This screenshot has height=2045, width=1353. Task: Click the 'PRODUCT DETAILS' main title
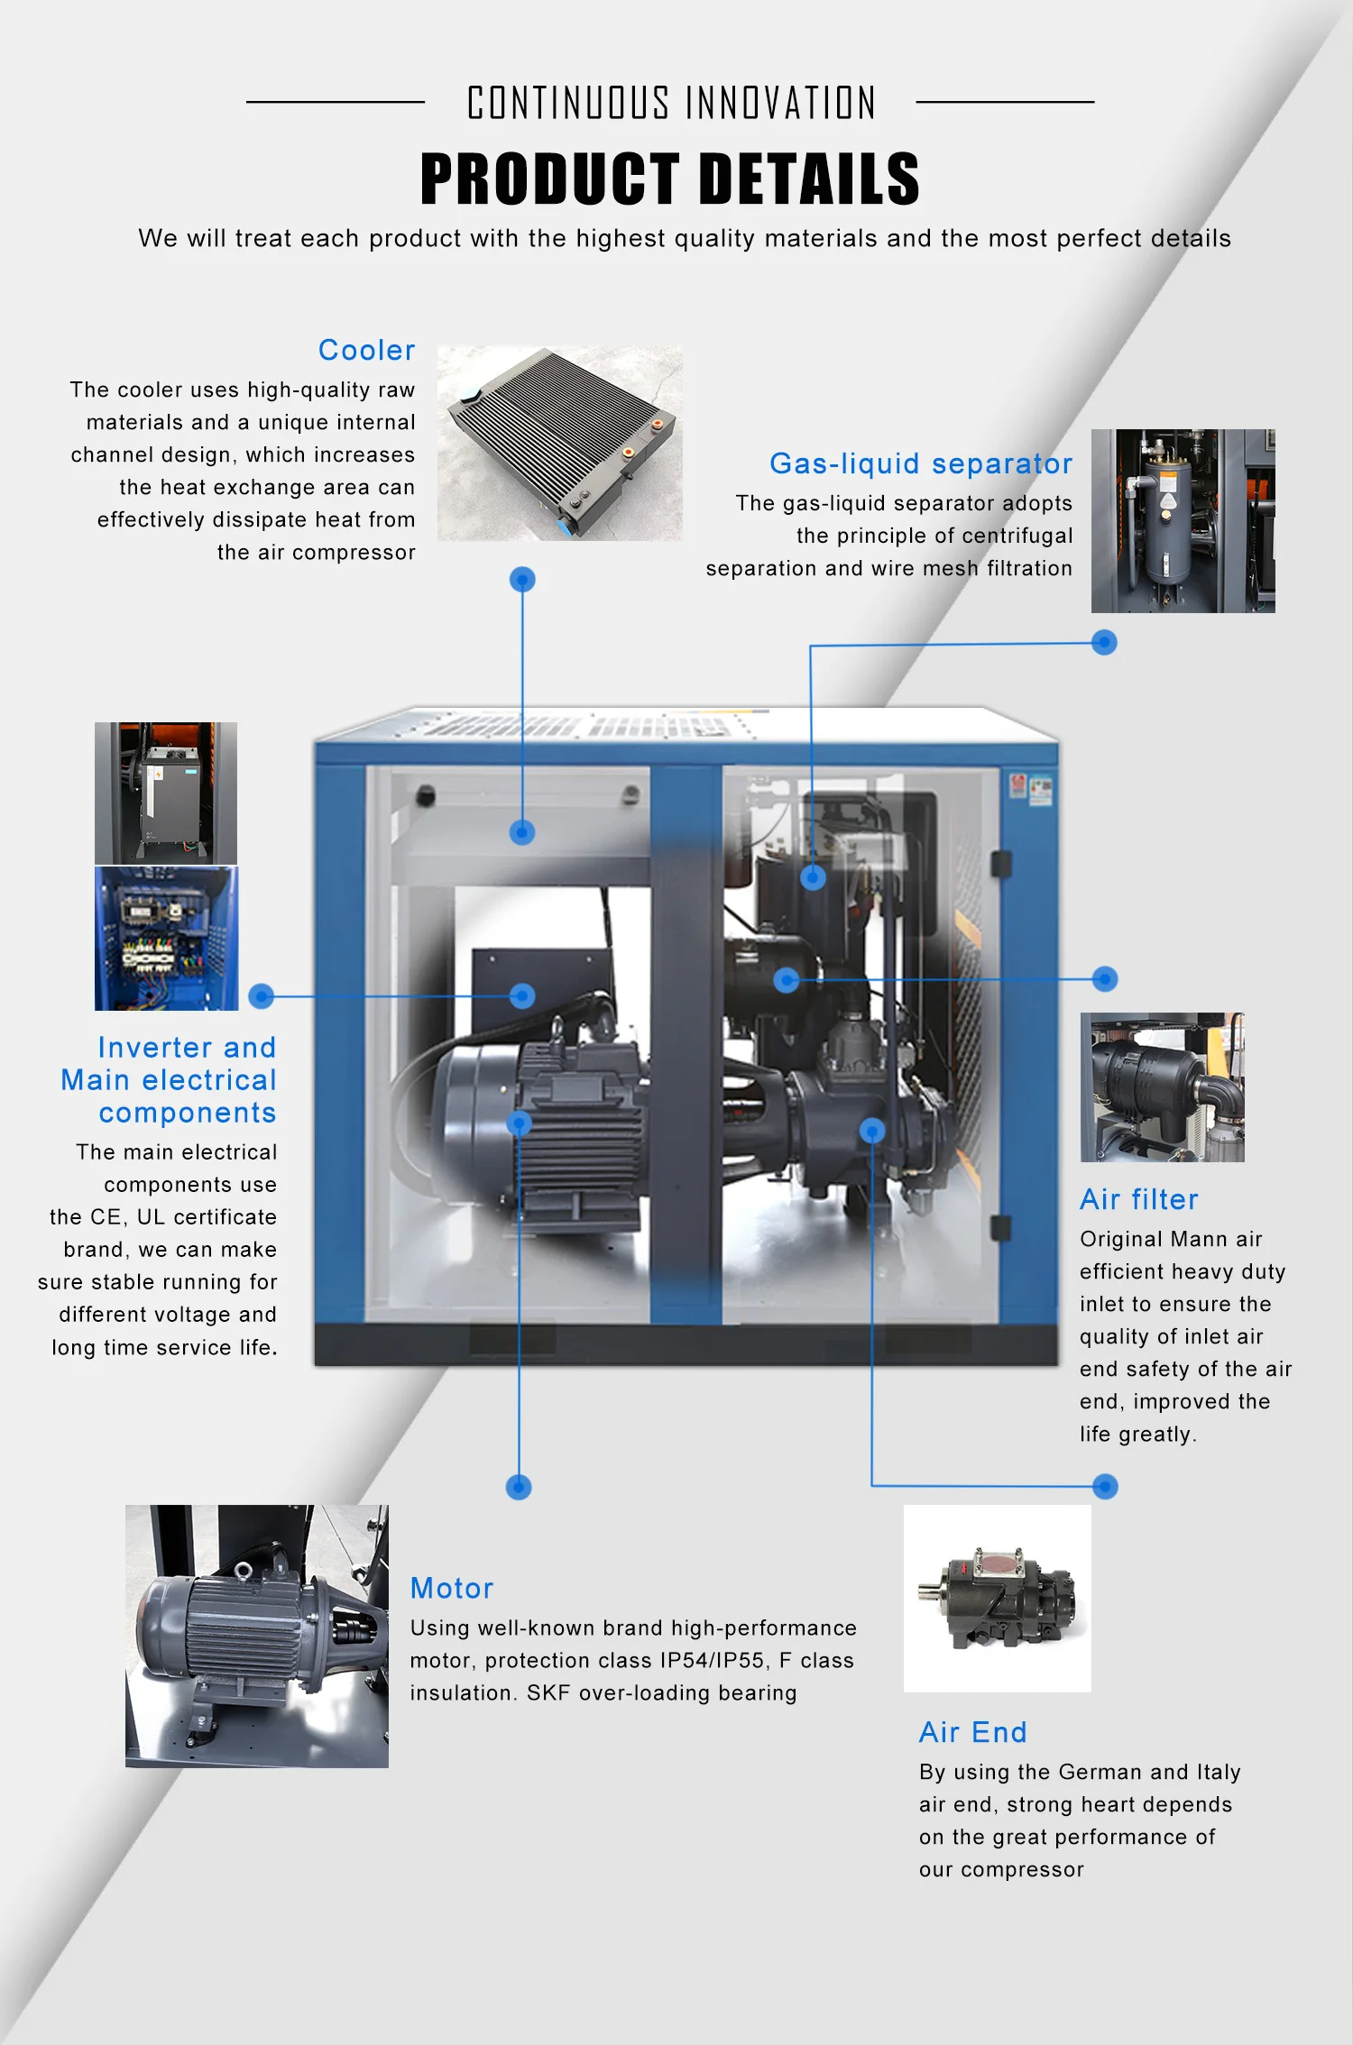[669, 179]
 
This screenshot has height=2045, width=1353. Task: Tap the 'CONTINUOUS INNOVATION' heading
[671, 103]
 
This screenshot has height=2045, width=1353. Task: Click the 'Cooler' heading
[366, 350]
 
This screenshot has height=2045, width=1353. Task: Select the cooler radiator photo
[559, 443]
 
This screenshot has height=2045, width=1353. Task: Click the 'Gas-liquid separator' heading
[920, 463]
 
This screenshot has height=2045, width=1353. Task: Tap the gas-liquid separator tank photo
[1183, 520]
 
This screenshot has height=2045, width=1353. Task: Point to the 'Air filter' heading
[1138, 1199]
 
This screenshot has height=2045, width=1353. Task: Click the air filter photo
[1162, 1087]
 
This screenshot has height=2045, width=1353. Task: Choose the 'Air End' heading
[972, 1732]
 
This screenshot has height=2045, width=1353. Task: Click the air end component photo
[997, 1598]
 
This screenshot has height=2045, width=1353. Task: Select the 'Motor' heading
[451, 1588]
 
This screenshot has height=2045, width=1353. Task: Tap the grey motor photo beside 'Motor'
[256, 1636]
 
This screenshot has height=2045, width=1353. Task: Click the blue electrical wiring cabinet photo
[166, 938]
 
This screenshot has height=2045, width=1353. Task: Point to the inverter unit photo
[166, 793]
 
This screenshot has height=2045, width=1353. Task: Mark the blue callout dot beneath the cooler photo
[522, 579]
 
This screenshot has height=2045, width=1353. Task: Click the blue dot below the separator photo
[1104, 642]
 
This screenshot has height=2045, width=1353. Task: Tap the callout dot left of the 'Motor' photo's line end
[519, 1487]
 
